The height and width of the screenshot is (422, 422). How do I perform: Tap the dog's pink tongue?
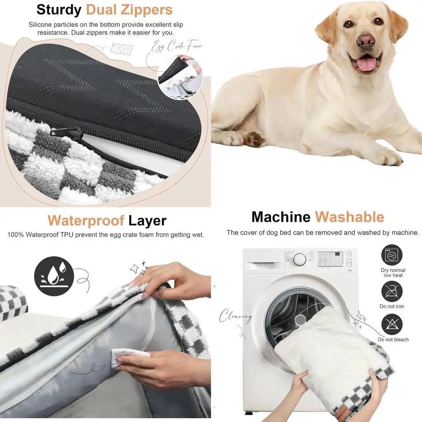(367, 64)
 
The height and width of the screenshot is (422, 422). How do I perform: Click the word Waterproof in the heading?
(86, 220)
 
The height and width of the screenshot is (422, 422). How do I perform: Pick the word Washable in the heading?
(349, 217)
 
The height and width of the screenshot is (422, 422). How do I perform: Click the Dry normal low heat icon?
(392, 256)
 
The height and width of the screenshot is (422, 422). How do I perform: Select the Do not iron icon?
(392, 291)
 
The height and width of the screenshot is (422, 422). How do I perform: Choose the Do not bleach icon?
(392, 325)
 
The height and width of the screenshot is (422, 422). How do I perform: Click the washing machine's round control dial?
(300, 259)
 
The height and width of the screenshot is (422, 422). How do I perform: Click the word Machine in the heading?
(281, 217)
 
